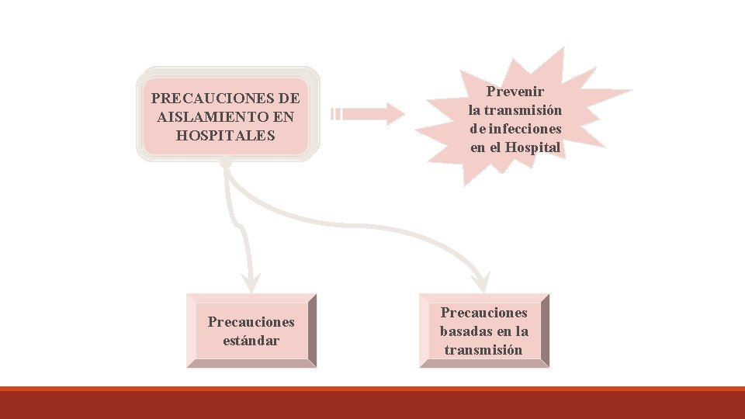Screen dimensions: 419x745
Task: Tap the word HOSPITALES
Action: pyautogui.click(x=226, y=136)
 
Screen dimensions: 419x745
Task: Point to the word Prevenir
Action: pyautogui.click(x=515, y=92)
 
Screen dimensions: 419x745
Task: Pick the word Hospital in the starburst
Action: pyautogui.click(x=533, y=147)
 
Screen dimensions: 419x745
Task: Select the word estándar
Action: pyautogui.click(x=251, y=340)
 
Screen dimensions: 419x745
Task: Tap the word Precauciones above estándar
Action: pyautogui.click(x=251, y=321)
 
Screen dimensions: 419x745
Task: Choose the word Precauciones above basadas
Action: pyautogui.click(x=484, y=313)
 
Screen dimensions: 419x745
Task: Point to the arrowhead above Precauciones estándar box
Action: pyautogui.click(x=250, y=281)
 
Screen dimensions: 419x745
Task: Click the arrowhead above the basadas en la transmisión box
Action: pyautogui.click(x=481, y=282)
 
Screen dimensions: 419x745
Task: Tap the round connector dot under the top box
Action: pyautogui.click(x=226, y=164)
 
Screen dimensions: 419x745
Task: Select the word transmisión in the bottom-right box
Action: pyautogui.click(x=483, y=350)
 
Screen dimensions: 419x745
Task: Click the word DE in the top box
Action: pyautogui.click(x=287, y=99)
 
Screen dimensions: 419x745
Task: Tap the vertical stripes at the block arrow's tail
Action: pyautogui.click(x=336, y=114)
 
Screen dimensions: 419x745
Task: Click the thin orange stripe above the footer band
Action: pyautogui.click(x=372, y=388)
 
